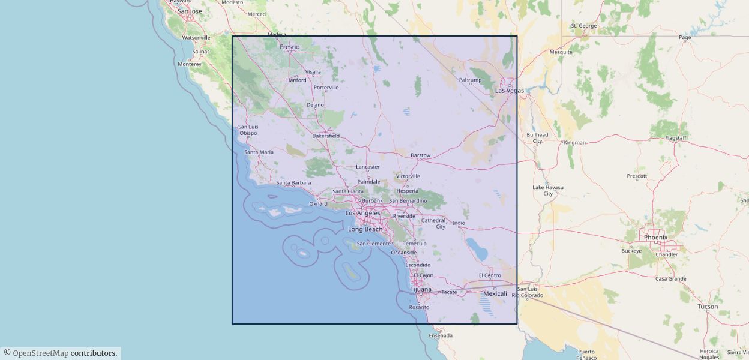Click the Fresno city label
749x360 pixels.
[x=289, y=47]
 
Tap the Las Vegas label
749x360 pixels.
[x=509, y=91]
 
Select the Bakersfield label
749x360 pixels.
[x=326, y=136]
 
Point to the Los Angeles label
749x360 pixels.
[x=363, y=213]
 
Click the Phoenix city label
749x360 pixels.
[x=655, y=237]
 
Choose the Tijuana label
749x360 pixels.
[x=420, y=289]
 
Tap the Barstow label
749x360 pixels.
[x=420, y=155]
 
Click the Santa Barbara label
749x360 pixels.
[x=293, y=182]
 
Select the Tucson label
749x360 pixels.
[x=708, y=306]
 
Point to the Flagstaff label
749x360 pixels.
[x=676, y=138]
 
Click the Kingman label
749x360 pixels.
[x=574, y=142]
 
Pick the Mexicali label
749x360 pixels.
[x=495, y=293]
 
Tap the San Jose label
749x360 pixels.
[x=190, y=11]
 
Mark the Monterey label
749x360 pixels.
[x=190, y=64]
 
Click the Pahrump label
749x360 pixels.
[x=470, y=79]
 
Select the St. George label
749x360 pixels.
[x=584, y=26]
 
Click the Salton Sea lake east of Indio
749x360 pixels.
[x=477, y=249]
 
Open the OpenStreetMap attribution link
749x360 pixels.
[x=40, y=353]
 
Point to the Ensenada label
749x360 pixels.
[x=441, y=335]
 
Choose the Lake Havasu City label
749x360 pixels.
[x=548, y=190]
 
